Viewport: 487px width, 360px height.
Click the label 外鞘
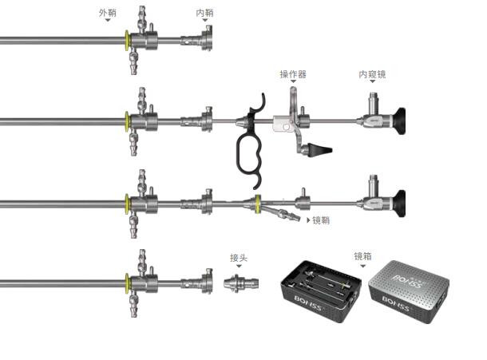click(x=108, y=13)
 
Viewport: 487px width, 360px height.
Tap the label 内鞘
click(x=204, y=13)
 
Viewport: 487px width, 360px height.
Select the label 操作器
click(x=293, y=74)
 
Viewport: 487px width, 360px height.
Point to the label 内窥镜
click(x=372, y=74)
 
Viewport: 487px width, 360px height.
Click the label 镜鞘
click(x=321, y=220)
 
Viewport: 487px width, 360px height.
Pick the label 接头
click(x=239, y=258)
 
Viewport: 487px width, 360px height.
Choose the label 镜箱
click(x=362, y=256)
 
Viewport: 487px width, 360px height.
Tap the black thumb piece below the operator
click(x=320, y=149)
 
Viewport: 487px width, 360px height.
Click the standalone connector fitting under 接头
click(x=241, y=283)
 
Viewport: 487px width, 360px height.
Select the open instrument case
click(x=321, y=291)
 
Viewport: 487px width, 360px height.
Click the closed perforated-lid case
click(x=409, y=292)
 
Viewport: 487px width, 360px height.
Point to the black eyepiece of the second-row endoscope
click(x=399, y=121)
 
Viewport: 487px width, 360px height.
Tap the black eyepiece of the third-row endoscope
click(x=399, y=204)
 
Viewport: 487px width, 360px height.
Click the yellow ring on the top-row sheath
click(x=127, y=41)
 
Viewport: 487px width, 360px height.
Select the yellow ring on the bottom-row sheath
click(x=127, y=283)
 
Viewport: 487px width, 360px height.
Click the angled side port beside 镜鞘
click(x=282, y=213)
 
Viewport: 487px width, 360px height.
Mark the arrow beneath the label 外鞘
click(x=108, y=20)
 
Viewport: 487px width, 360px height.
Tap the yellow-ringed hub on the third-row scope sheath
click(x=258, y=204)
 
